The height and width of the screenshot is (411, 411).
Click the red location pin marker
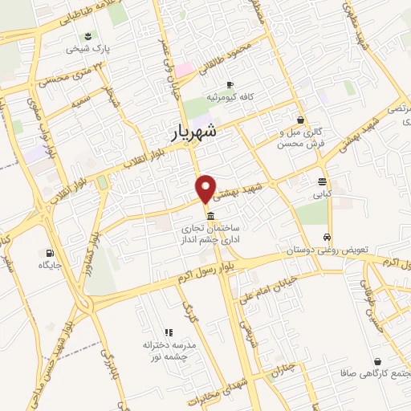coord(206,188)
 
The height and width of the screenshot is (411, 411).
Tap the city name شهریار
coord(194,132)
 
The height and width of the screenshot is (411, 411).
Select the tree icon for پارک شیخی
coord(87,36)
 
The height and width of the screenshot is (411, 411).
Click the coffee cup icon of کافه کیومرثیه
coord(230,84)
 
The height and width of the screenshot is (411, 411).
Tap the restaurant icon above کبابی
coord(322,181)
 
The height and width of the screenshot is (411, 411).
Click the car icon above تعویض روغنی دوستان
coord(327,238)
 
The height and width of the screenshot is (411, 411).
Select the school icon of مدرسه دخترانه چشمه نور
coord(169,332)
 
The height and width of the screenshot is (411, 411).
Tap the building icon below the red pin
coord(210,217)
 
